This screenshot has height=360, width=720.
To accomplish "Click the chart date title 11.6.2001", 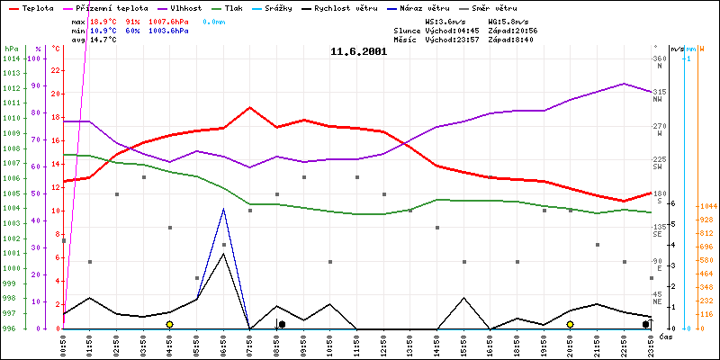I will (x=358, y=52).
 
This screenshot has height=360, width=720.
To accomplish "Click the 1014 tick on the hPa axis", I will (x=11, y=59).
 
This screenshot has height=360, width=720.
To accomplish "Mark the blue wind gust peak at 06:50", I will (x=223, y=209).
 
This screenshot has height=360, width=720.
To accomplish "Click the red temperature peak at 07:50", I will (x=250, y=107).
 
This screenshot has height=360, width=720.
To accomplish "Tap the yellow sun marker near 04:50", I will (x=169, y=324).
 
